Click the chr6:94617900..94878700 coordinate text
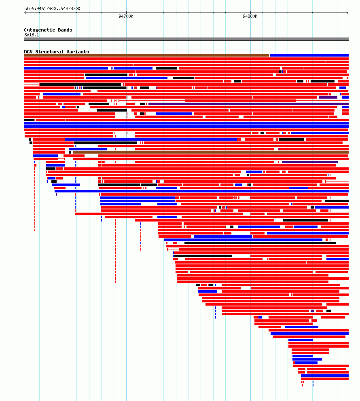pos(52,8)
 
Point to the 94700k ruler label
pos(126,16)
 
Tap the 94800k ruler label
pos(250,16)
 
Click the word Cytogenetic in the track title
pos(39,30)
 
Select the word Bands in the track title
pos(65,30)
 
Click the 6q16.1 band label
pos(32,35)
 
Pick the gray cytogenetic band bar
pos(186,39)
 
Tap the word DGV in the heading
pos(28,52)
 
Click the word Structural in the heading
pos(49,52)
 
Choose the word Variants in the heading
pos(78,52)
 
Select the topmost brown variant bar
pos(146,55)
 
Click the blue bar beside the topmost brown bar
pos(309,55)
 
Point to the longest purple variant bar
pos(248,104)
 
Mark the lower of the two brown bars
pos(211,152)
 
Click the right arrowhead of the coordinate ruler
pos(347,13)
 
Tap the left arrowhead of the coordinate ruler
pos(25,13)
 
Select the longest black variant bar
pos(260,243)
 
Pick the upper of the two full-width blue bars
pos(186,123)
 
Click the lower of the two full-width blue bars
pos(186,127)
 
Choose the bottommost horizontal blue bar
pos(325,376)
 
